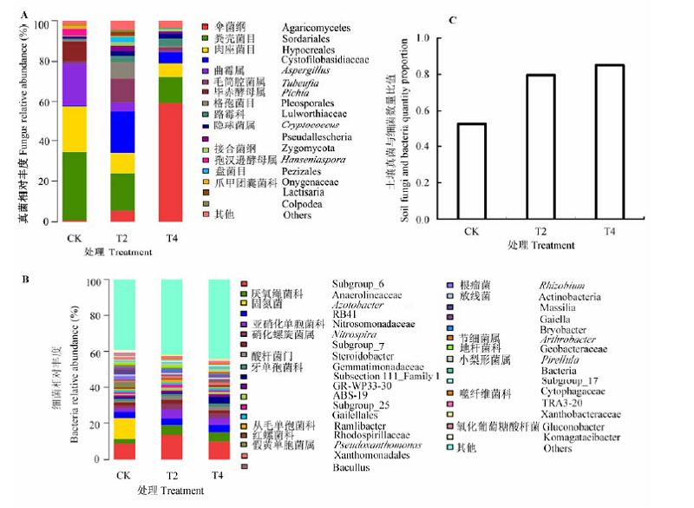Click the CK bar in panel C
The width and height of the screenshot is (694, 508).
[x=472, y=172]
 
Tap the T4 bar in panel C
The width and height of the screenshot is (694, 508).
[x=610, y=142]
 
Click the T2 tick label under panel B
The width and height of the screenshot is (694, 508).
[x=172, y=475]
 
